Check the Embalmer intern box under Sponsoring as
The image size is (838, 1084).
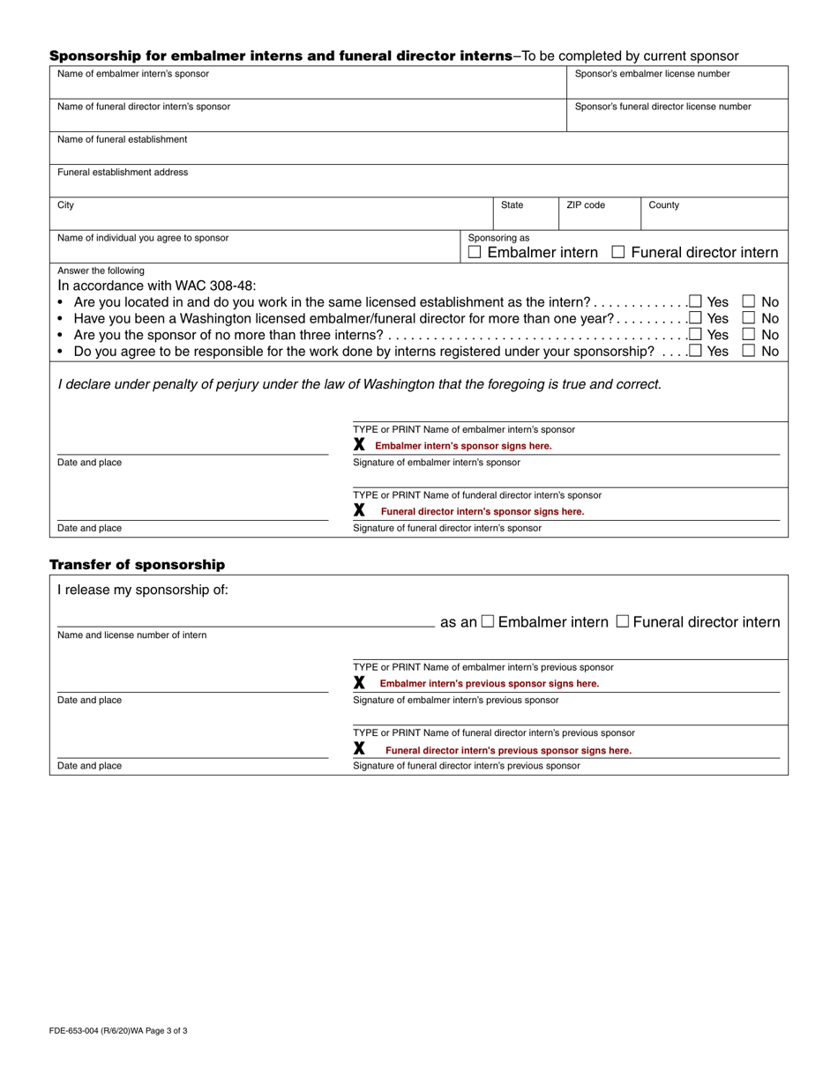point(475,253)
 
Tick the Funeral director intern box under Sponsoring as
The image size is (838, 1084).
point(618,253)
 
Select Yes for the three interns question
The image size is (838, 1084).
point(696,335)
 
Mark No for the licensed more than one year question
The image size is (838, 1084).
point(749,318)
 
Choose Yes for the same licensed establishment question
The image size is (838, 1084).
point(696,301)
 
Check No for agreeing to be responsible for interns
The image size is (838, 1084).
point(749,351)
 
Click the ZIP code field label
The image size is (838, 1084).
point(586,205)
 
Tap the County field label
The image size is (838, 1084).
point(664,205)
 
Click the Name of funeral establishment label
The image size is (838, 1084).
point(122,139)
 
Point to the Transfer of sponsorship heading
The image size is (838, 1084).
point(137,565)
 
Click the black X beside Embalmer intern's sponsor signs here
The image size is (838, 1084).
point(359,445)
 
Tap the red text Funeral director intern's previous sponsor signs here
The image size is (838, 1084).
point(508,751)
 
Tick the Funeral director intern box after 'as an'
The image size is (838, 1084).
point(623,622)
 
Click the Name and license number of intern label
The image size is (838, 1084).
point(132,635)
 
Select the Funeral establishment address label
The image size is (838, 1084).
point(123,173)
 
